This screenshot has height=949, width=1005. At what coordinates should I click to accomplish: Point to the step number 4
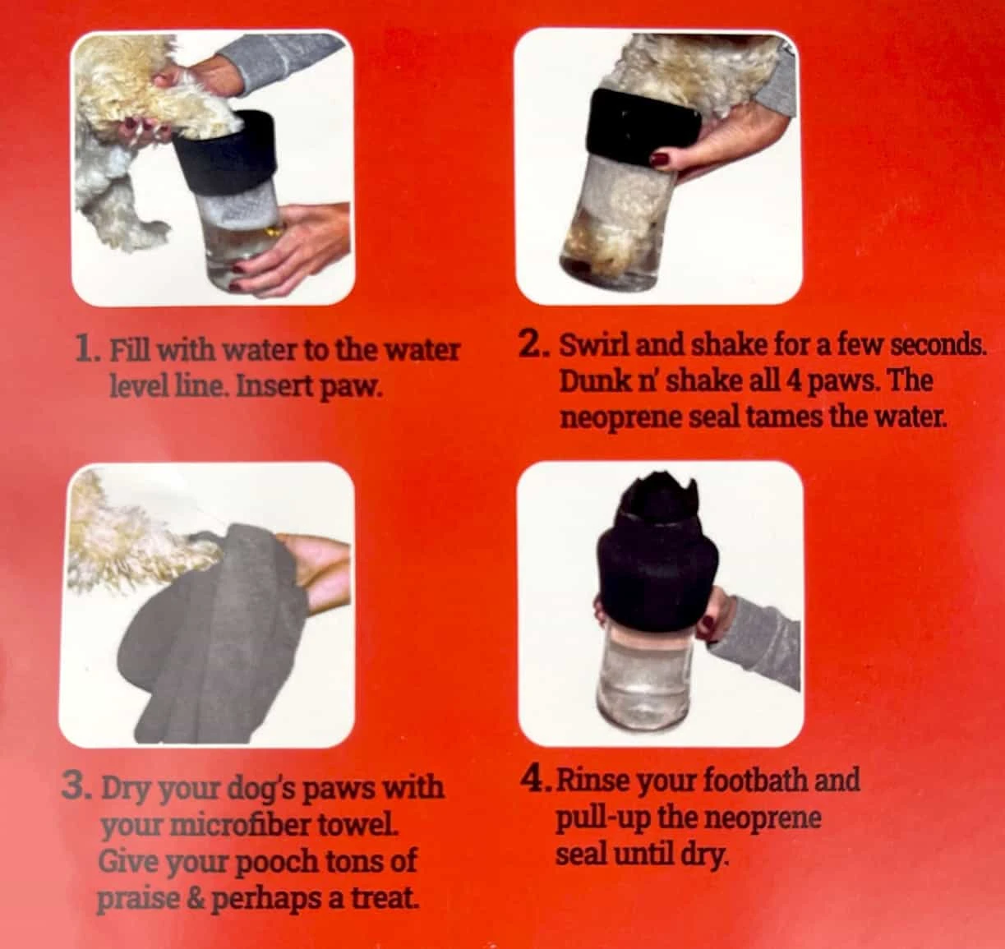pyautogui.click(x=537, y=780)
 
